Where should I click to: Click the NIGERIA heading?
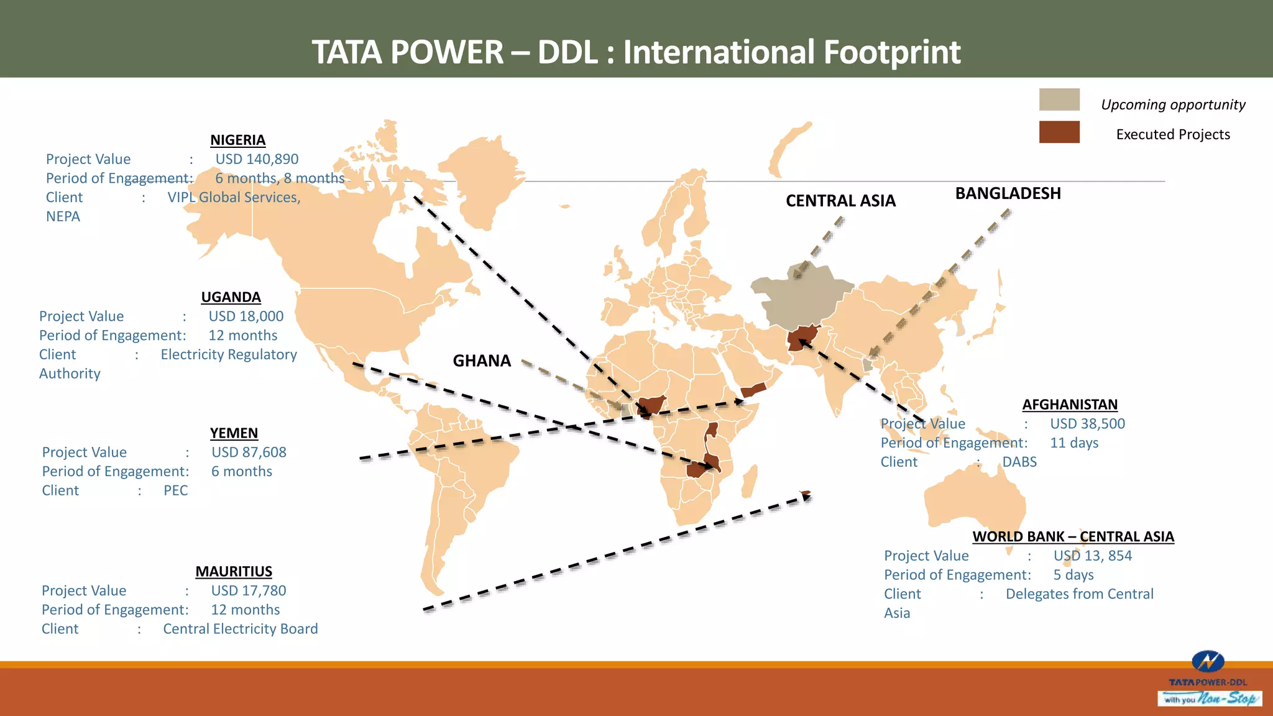click(237, 140)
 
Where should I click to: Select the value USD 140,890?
click(257, 159)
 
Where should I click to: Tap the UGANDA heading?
click(231, 297)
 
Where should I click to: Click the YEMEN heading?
click(234, 433)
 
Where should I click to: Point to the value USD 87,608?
click(249, 452)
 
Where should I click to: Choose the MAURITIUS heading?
click(234, 571)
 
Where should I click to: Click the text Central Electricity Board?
click(240, 629)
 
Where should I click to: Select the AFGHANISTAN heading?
click(1070, 405)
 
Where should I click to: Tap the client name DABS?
click(1019, 462)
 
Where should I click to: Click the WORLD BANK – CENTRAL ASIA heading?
click(1073, 536)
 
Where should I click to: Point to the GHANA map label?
click(482, 360)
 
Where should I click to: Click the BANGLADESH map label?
click(1008, 193)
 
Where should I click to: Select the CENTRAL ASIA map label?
click(840, 201)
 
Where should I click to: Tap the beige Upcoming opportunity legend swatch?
click(1059, 99)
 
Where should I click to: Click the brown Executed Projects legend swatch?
click(1059, 132)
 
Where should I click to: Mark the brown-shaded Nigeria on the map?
click(653, 406)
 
